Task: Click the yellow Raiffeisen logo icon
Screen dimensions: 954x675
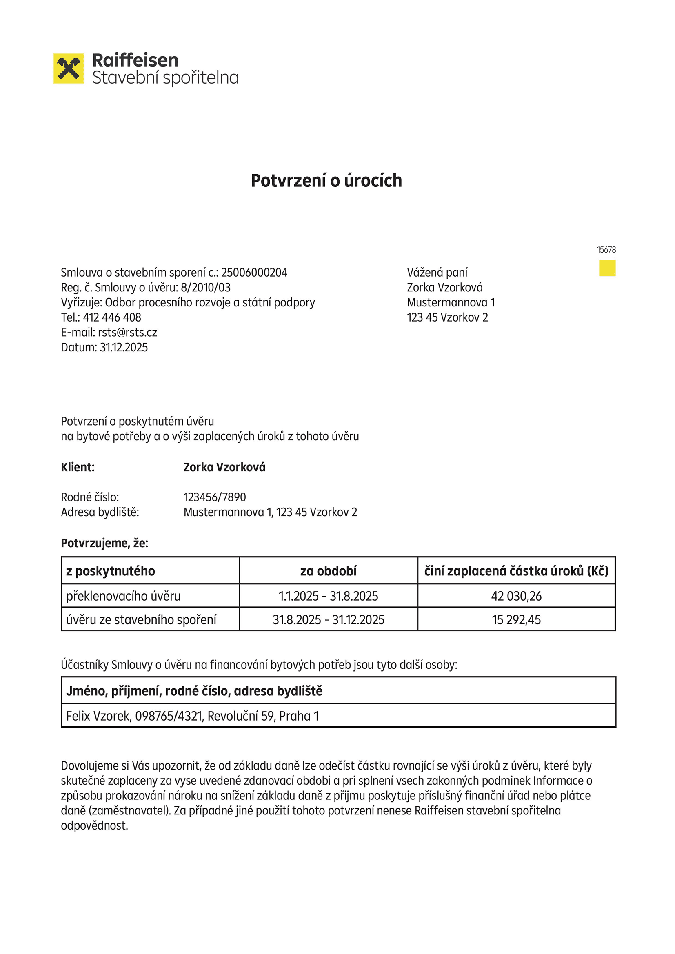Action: click(x=69, y=69)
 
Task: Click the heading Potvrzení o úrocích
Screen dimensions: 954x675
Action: click(x=326, y=181)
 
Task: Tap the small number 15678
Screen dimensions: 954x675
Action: click(x=606, y=250)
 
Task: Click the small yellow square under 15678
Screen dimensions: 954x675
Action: click(x=607, y=268)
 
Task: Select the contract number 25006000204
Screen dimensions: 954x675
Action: click(x=254, y=273)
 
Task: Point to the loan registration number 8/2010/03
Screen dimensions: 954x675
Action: click(x=205, y=288)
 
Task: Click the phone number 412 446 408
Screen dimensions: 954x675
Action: click(x=112, y=317)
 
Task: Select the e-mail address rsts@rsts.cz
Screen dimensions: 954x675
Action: click(x=128, y=333)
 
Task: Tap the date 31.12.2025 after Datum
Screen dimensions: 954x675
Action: click(x=124, y=347)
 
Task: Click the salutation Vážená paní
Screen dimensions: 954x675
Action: click(x=437, y=273)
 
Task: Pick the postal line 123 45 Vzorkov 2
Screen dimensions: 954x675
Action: click(x=447, y=317)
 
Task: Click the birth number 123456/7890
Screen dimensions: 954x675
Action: click(x=215, y=497)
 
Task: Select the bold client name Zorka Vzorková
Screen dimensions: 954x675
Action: click(x=224, y=467)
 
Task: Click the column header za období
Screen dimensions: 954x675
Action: click(x=329, y=571)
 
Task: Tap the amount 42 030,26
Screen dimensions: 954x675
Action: click(x=516, y=596)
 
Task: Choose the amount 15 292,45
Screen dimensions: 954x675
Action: click(x=516, y=619)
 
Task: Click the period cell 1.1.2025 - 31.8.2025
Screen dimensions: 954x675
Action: click(x=329, y=596)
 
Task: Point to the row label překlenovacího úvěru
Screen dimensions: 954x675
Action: click(x=123, y=596)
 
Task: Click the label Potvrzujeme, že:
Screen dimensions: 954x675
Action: click(x=104, y=543)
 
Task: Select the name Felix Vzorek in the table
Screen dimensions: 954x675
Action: click(x=98, y=716)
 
